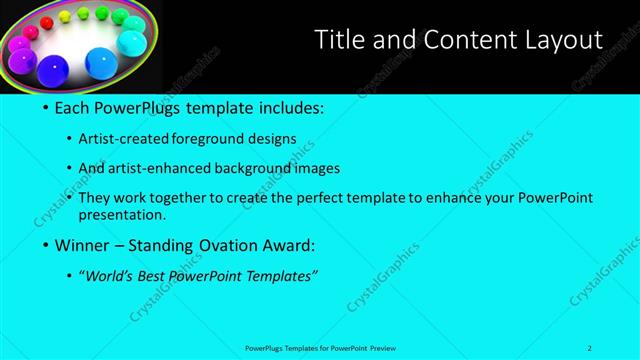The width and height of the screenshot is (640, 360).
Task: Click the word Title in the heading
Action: (337, 40)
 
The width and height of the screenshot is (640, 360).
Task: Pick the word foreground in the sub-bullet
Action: (206, 139)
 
